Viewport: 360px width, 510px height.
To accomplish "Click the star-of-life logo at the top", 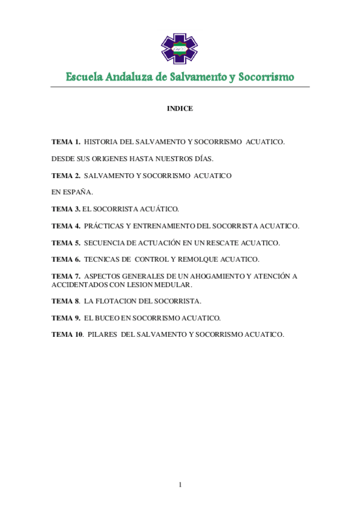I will coord(179,49).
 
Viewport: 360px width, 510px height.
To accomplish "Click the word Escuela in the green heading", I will coord(84,78).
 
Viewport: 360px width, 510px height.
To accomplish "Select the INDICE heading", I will coord(180,109).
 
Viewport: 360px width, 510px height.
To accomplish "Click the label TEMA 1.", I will coord(66,142).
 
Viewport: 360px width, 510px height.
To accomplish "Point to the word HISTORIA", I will coord(103,142).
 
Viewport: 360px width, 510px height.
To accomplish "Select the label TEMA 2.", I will coord(66,176).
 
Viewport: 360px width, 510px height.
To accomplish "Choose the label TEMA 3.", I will coord(66,209).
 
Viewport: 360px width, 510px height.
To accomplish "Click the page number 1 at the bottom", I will coord(180,485).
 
